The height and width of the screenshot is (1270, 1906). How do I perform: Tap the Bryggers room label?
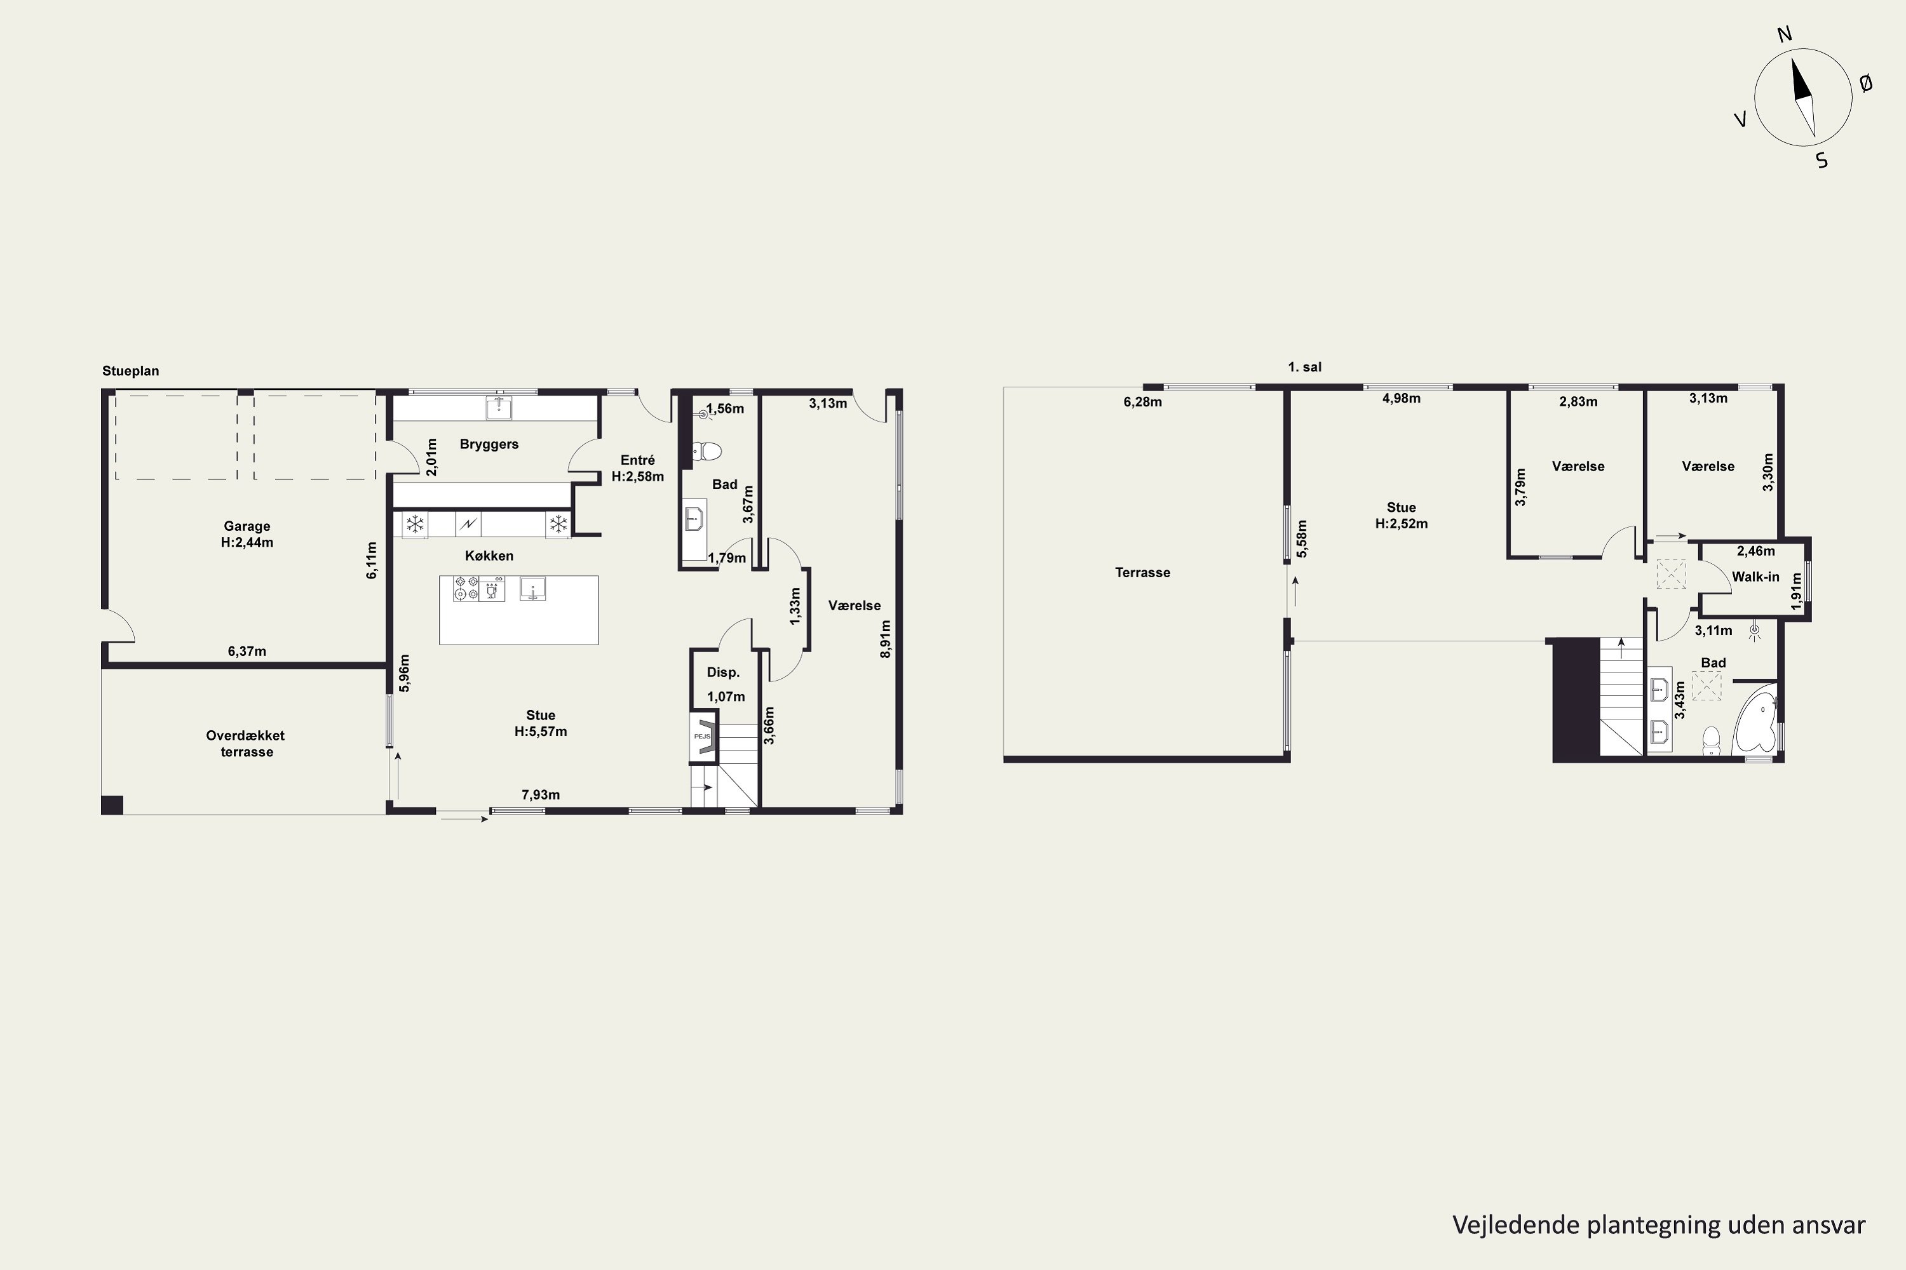click(x=489, y=444)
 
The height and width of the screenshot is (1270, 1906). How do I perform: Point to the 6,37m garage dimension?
click(x=247, y=652)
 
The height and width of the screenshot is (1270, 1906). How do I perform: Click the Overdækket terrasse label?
click(x=245, y=744)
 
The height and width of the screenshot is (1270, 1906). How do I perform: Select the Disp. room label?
click(x=723, y=672)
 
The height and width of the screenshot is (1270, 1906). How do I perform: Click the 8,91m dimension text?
click(x=886, y=639)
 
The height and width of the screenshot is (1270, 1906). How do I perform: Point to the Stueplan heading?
click(x=130, y=371)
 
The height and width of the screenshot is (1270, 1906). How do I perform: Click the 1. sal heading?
click(x=1305, y=367)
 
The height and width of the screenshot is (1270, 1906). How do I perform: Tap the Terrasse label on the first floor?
click(x=1142, y=573)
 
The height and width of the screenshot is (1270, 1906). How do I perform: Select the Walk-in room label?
click(x=1755, y=577)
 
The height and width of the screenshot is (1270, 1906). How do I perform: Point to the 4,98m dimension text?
click(x=1401, y=399)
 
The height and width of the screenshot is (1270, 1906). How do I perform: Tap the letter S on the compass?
click(x=1823, y=161)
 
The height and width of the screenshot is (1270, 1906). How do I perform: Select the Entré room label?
click(x=638, y=460)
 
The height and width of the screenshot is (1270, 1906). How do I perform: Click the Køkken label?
click(x=489, y=556)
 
